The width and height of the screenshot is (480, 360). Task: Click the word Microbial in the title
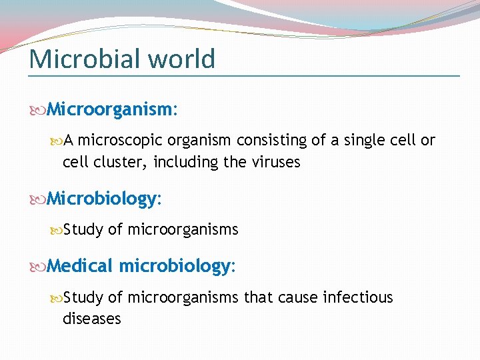click(85, 59)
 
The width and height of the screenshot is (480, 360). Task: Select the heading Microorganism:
click(113, 109)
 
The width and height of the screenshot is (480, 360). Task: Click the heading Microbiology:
click(105, 199)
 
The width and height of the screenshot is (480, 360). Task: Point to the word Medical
click(81, 266)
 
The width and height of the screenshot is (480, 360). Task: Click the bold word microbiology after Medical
click(175, 266)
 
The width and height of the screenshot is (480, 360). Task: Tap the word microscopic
click(121, 141)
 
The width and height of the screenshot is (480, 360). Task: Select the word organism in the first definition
click(199, 141)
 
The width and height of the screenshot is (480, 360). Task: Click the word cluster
click(117, 162)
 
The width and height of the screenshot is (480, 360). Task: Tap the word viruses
click(279, 162)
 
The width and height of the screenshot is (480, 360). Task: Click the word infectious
click(358, 297)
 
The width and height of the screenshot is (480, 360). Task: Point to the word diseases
click(92, 319)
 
